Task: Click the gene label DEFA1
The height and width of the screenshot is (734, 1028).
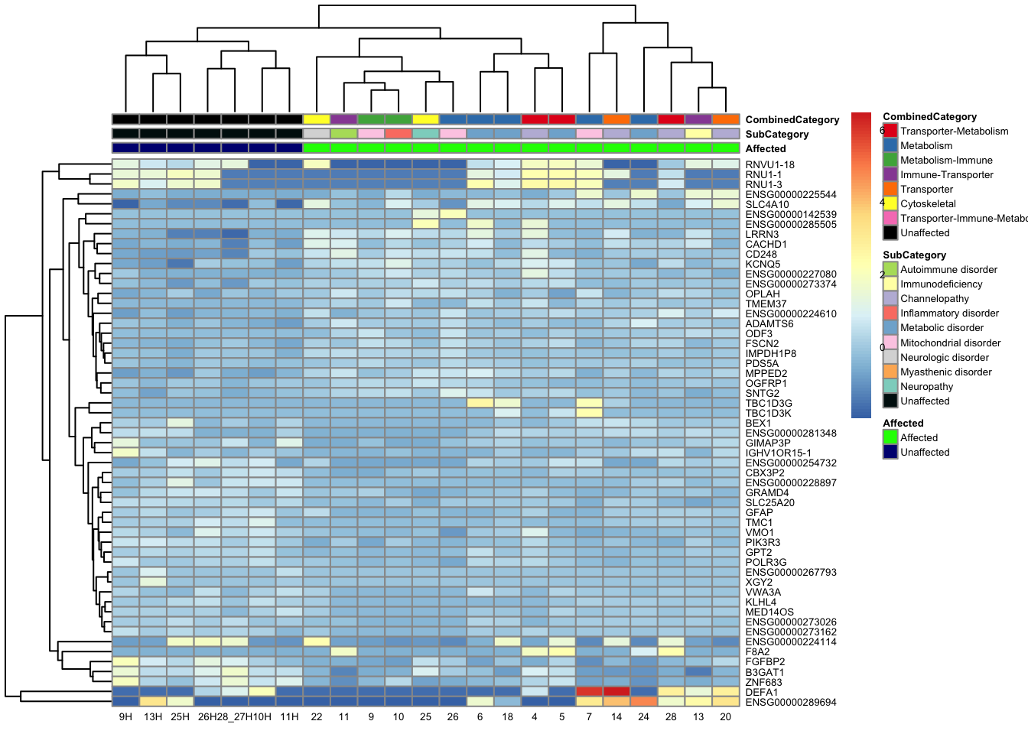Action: (761, 692)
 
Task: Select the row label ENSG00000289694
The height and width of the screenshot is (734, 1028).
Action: (791, 702)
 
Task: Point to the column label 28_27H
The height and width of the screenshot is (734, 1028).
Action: (234, 716)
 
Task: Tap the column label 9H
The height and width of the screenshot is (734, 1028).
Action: (125, 716)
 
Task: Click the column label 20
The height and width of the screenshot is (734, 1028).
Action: (725, 716)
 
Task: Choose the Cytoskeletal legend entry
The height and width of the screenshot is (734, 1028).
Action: (928, 204)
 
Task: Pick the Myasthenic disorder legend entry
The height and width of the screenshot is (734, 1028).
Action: (945, 372)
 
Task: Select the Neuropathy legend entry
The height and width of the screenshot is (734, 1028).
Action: (926, 387)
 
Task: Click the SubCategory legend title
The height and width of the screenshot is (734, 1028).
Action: (914, 255)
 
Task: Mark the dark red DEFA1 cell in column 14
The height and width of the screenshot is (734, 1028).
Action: (616, 691)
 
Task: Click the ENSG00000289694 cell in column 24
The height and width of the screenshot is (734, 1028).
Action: (643, 701)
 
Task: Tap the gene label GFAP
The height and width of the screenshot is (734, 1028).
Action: (759, 513)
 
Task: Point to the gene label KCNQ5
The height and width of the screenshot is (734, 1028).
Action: (763, 265)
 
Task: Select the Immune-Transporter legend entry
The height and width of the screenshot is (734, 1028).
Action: (946, 175)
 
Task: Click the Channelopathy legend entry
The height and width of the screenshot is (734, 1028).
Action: (934, 299)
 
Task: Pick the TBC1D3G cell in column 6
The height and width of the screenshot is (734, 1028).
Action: (480, 403)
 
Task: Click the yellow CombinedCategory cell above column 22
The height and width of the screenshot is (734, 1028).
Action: (317, 119)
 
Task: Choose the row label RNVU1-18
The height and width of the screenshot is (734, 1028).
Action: (769, 165)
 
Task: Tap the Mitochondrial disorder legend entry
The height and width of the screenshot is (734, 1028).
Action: (950, 343)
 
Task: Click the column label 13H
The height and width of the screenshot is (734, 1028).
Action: (153, 716)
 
